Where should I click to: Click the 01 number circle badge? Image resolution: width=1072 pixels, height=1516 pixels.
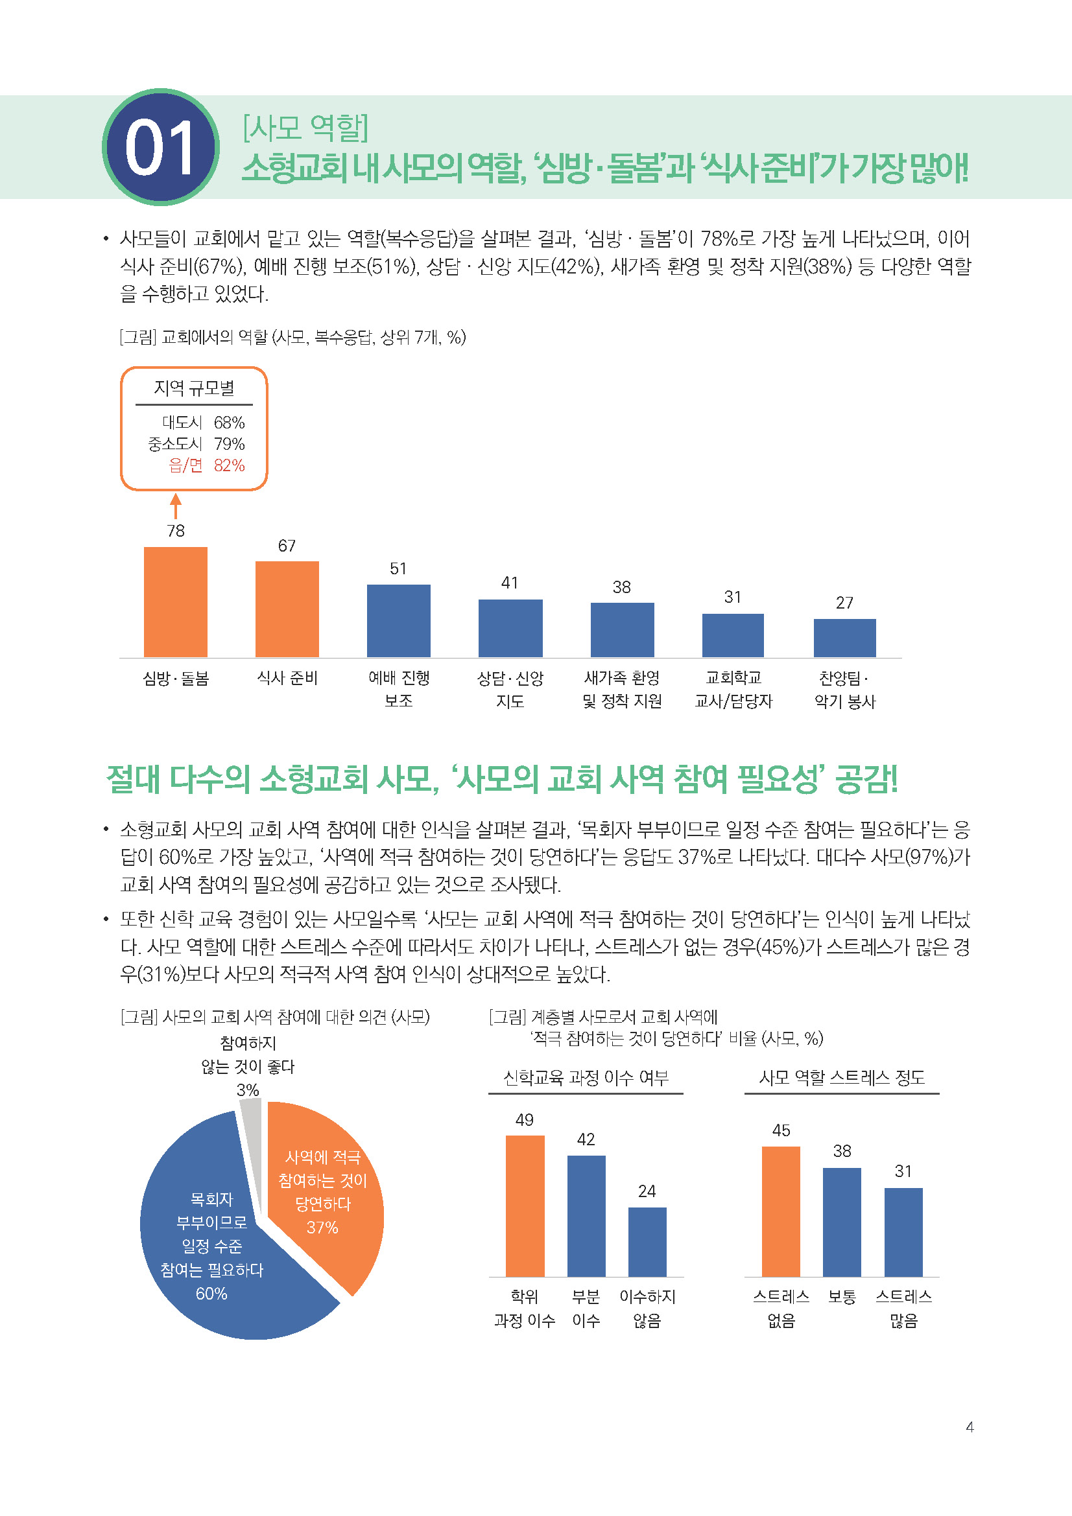click(x=160, y=146)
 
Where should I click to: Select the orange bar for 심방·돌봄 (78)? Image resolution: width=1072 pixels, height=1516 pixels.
click(x=176, y=601)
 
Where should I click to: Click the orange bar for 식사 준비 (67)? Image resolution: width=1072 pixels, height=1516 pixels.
click(x=287, y=609)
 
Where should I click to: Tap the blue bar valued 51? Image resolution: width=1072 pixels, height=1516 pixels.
click(x=398, y=620)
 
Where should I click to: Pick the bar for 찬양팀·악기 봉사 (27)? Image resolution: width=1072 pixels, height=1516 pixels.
click(x=844, y=637)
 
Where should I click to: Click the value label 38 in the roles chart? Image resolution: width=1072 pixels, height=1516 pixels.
click(x=621, y=587)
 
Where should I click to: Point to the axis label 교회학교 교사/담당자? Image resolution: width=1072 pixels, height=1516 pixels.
click(x=733, y=690)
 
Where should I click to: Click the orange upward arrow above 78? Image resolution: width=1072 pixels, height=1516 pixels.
click(x=176, y=506)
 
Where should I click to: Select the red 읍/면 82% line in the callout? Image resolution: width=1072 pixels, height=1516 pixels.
click(x=206, y=465)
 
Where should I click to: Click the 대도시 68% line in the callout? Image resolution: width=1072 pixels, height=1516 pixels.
click(x=204, y=422)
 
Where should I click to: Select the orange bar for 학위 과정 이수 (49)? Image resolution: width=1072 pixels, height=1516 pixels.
click(x=525, y=1206)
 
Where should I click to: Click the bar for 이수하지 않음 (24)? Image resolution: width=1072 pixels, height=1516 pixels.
click(x=647, y=1241)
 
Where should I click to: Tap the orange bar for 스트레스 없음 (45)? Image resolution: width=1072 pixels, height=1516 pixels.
click(x=781, y=1211)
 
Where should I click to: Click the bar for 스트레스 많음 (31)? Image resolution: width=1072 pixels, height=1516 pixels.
click(x=903, y=1231)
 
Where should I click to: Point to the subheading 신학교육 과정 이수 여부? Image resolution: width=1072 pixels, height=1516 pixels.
click(x=586, y=1078)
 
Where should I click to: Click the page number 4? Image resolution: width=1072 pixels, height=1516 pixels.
click(x=969, y=1427)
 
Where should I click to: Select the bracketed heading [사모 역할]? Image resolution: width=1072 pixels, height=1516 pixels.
click(x=305, y=128)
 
